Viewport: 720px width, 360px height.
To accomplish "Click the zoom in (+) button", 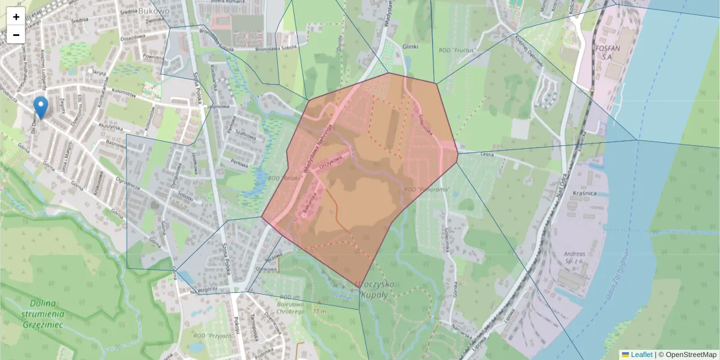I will (x=16, y=17).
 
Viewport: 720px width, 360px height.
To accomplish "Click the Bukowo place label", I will (x=154, y=10).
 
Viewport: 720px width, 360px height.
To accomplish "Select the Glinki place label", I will (x=410, y=46).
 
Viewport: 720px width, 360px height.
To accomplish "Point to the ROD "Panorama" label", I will (x=427, y=190).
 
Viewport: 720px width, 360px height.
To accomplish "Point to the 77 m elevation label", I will (x=319, y=311).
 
